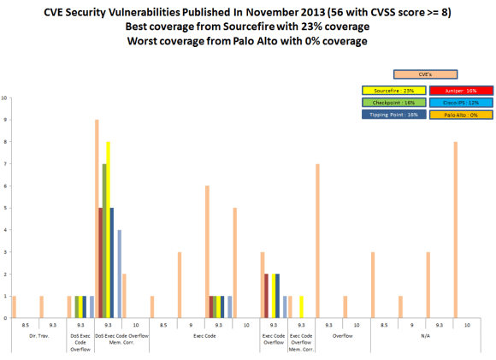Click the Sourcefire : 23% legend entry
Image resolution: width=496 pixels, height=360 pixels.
click(x=393, y=89)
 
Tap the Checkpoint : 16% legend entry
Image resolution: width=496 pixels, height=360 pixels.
click(x=393, y=101)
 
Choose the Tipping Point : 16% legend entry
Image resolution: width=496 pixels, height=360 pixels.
click(x=393, y=114)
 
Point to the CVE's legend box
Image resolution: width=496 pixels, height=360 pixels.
click(x=425, y=74)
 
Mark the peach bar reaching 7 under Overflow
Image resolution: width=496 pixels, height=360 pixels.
click(x=317, y=240)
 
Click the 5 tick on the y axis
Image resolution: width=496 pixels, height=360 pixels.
click(x=7, y=208)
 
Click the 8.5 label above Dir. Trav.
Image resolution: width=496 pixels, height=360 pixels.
click(x=27, y=325)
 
